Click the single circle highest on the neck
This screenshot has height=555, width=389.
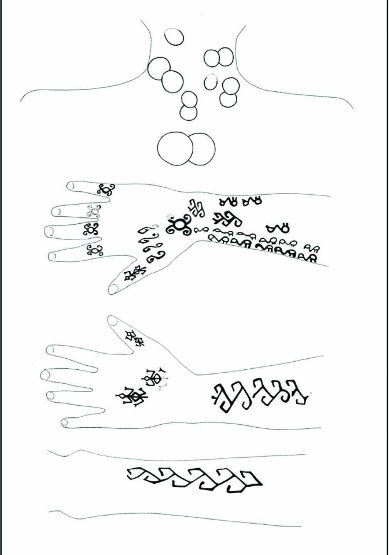pos(174,37)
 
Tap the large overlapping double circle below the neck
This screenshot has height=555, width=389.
pos(186,149)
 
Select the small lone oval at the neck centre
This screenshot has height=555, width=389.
pos(210,82)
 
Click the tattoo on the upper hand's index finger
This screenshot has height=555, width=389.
pos(106,189)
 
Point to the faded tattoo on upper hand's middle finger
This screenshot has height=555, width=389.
pos(94,211)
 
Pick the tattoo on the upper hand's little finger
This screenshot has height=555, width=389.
pos(95,251)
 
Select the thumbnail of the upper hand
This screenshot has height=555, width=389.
pos(114,287)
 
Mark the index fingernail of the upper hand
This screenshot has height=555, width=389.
pos(71,186)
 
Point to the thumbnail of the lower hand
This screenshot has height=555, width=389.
pos(112,320)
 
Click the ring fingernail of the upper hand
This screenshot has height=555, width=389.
pos(50,231)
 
